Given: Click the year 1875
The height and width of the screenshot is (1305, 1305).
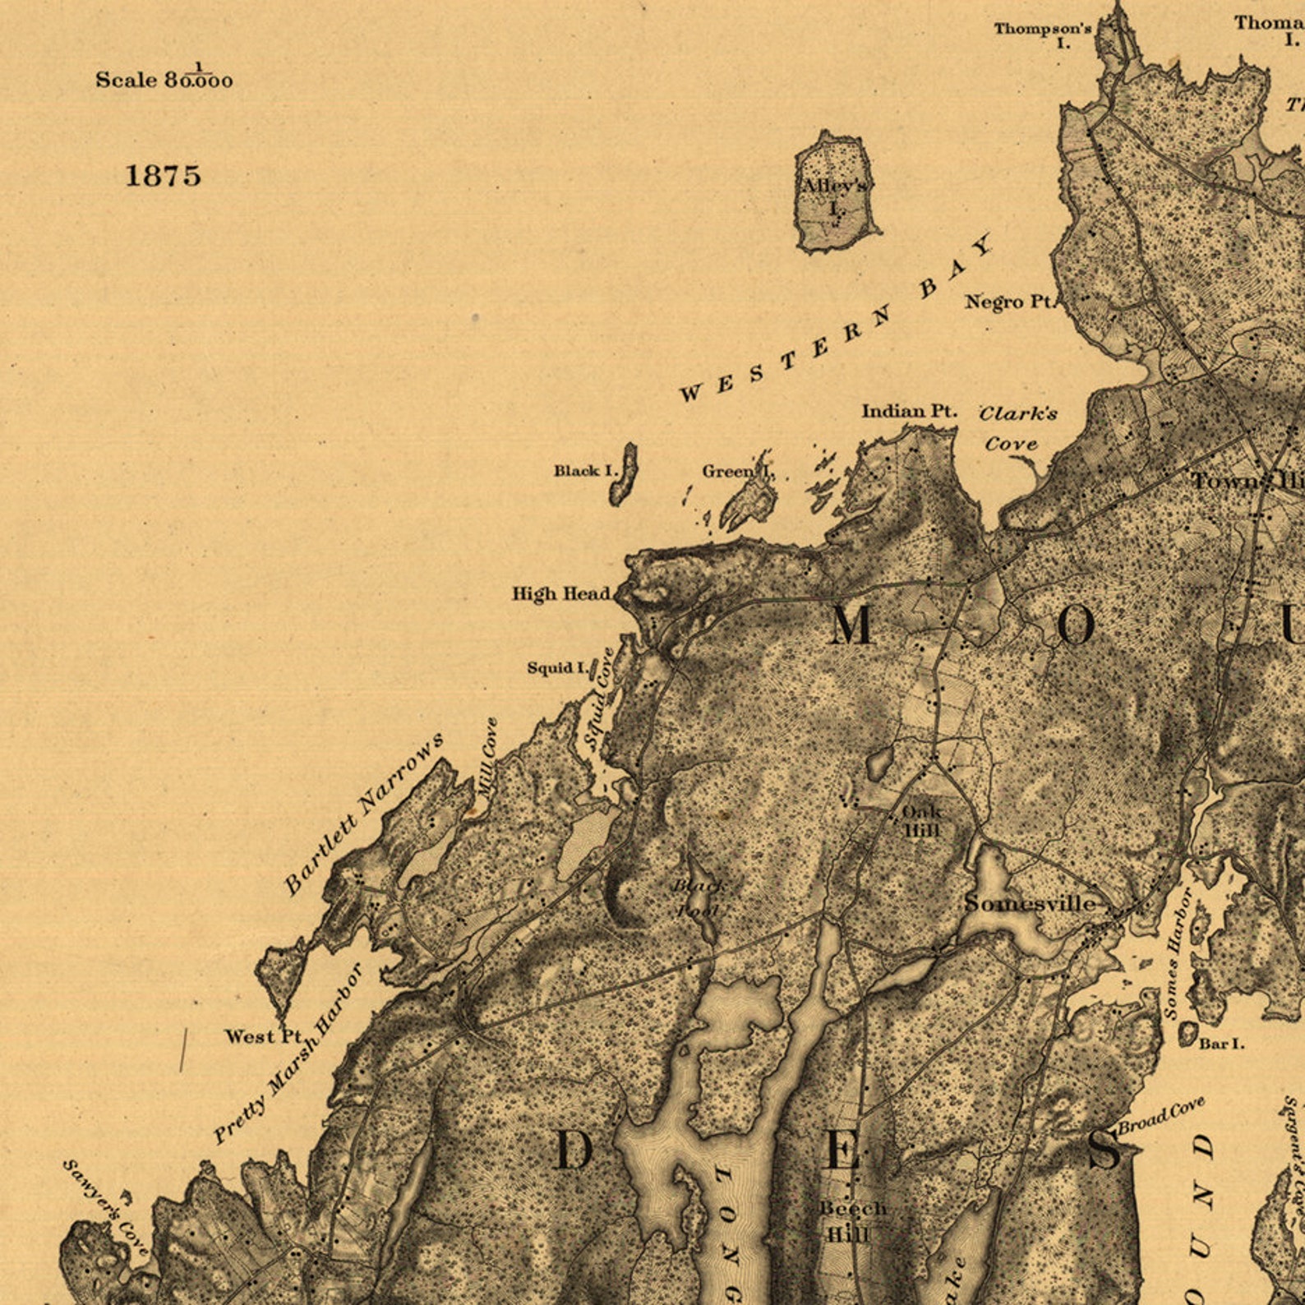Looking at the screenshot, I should click(x=163, y=175).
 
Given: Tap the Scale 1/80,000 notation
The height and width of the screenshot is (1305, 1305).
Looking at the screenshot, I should click(x=164, y=78).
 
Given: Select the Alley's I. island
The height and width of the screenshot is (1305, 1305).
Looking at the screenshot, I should click(x=835, y=191).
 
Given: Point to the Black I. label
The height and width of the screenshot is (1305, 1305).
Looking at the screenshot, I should click(x=585, y=471).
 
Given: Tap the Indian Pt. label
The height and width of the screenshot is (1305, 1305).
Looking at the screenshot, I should click(x=909, y=411).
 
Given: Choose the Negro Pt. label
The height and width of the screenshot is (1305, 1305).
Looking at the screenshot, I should click(x=1008, y=302).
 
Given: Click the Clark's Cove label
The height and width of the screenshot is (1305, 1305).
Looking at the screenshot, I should click(x=1017, y=427).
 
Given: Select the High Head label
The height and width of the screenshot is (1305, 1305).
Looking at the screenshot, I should click(x=561, y=593).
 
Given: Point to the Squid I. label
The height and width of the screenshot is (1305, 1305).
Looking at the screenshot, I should click(x=558, y=667).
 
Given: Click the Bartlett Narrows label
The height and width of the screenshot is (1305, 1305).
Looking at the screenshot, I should click(x=363, y=813).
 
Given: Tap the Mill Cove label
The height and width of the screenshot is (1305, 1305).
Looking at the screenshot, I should click(x=488, y=757).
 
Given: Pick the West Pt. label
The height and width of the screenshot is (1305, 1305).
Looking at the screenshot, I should click(x=264, y=1036).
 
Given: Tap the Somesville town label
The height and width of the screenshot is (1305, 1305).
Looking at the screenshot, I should click(x=1030, y=903).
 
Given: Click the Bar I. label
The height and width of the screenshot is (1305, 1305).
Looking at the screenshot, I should click(x=1221, y=1044).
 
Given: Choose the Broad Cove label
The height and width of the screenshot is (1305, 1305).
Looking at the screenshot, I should click(x=1161, y=1115).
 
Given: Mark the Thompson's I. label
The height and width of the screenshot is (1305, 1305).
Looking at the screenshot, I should click(x=1043, y=34).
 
